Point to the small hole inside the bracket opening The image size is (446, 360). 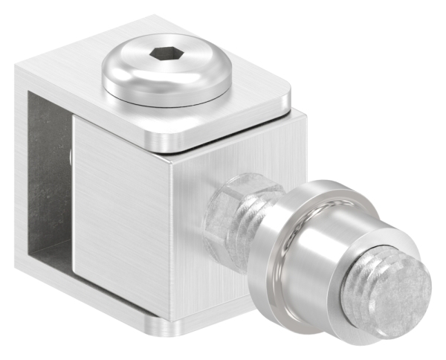pyautogui.click(x=68, y=156)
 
